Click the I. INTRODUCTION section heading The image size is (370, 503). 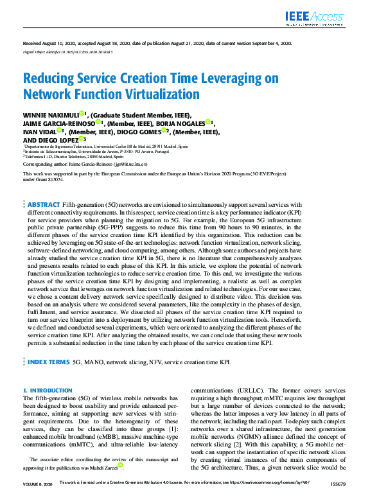(48, 391)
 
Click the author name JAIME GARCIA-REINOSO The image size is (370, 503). (58, 123)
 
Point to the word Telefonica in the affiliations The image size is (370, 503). (36, 155)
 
